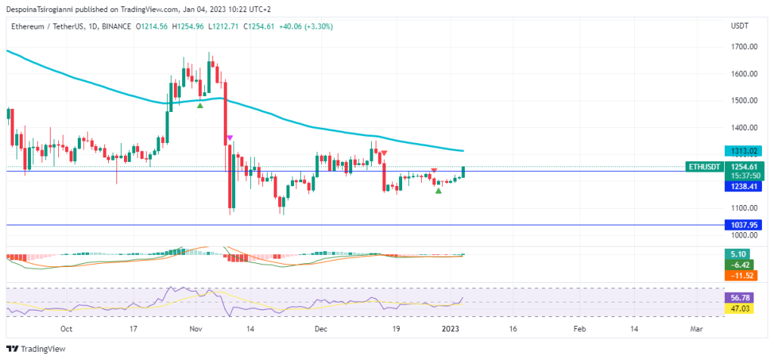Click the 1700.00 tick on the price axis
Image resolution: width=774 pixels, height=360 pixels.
tap(745, 47)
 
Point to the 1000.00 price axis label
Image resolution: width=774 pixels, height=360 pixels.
tap(745, 235)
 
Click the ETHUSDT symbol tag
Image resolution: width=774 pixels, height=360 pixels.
tap(704, 166)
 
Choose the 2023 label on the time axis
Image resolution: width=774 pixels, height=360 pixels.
tap(450, 329)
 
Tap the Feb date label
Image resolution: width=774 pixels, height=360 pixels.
tap(580, 329)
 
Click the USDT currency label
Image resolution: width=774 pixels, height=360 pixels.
tap(740, 26)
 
